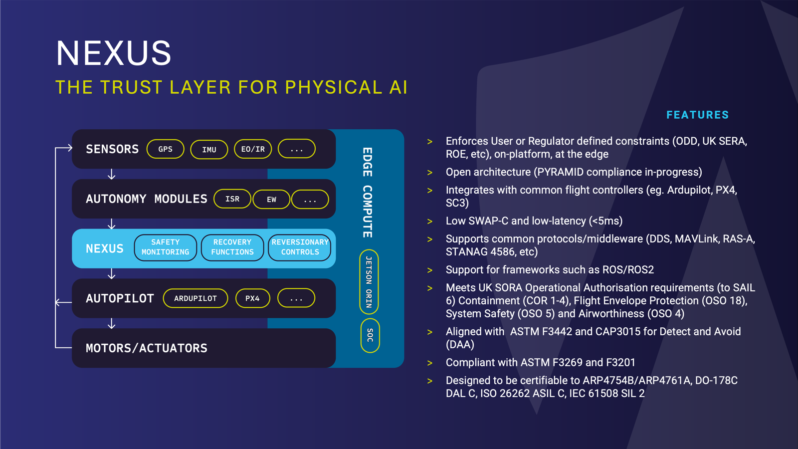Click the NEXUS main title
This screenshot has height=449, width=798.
point(114,53)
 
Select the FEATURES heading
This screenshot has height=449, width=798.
point(697,115)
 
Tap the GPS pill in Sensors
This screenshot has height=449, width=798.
point(165,149)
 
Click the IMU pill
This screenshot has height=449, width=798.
point(209,149)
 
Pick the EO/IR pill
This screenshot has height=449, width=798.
point(253,149)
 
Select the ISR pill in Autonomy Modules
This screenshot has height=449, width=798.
point(232,199)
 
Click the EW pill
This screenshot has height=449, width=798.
point(271,199)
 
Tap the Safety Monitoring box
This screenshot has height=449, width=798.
point(165,247)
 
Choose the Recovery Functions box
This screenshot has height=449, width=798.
point(232,247)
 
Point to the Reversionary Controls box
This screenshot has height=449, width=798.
point(300,247)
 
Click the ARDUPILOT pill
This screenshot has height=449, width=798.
point(196,298)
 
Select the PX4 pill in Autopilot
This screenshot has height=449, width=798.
point(252,298)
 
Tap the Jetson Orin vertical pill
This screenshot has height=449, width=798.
point(369,282)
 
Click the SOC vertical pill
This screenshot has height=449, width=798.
point(370,335)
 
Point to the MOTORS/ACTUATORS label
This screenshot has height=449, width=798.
point(146,348)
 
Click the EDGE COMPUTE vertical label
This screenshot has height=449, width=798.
point(368,192)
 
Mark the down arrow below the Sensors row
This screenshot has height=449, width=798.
point(111,174)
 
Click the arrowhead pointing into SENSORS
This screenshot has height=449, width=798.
point(70,148)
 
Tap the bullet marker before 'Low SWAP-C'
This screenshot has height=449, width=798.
point(430,222)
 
